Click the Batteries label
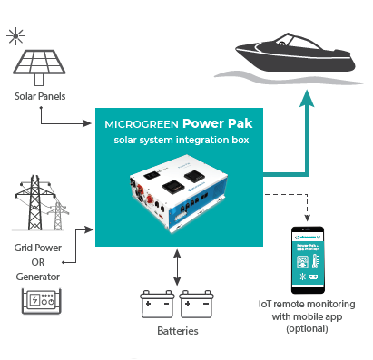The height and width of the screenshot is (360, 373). (x=178, y=331)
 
